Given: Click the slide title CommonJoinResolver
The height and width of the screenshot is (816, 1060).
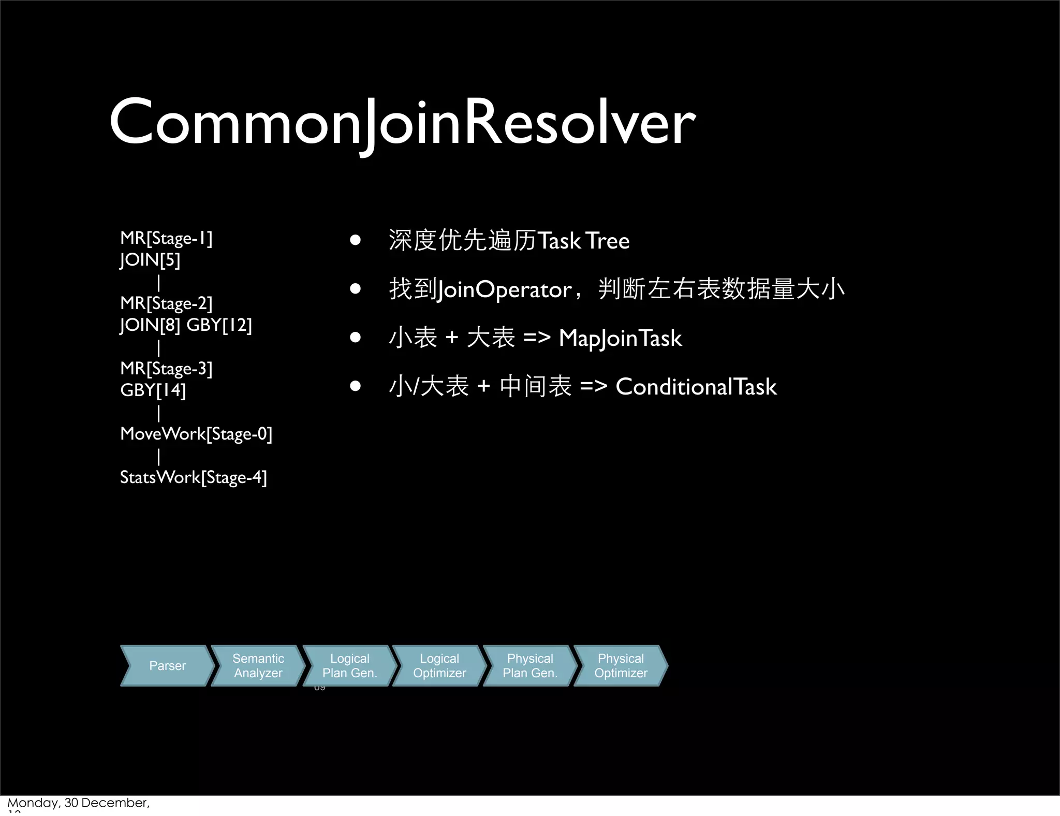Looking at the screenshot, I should (x=402, y=123).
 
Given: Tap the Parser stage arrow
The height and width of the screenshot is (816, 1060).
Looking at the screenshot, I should (x=167, y=666).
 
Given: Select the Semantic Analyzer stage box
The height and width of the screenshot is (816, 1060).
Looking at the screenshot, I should (x=258, y=666).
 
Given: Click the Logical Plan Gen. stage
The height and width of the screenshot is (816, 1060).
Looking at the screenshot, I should (x=349, y=666).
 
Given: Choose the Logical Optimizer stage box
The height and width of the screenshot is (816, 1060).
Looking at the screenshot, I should (x=439, y=666).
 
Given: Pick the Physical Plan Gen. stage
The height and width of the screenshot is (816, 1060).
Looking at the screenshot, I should (x=530, y=666).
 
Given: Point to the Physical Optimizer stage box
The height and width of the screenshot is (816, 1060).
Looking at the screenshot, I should (x=621, y=666).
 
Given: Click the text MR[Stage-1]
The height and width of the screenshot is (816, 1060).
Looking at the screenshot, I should (x=166, y=238).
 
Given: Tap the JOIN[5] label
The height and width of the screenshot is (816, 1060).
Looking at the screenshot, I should (x=150, y=260).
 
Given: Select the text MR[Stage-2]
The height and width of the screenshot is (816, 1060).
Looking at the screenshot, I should (x=166, y=303).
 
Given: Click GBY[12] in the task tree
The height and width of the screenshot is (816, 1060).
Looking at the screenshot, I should (x=219, y=325).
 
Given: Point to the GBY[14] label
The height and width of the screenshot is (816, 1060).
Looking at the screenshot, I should (x=153, y=390).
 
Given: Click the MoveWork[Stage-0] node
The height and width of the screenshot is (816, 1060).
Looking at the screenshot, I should (x=196, y=434).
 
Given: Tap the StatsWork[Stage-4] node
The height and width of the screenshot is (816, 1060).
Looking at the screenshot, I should (x=193, y=477).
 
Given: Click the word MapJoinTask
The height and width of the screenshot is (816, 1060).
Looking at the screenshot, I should (x=620, y=339).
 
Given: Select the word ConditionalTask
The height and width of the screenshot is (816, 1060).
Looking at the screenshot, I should (x=696, y=387).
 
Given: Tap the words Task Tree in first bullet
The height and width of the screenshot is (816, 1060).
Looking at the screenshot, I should (x=583, y=241).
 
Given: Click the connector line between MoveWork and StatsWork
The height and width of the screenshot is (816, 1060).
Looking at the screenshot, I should (x=158, y=456).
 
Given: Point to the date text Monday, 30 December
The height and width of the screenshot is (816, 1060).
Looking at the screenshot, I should (x=78, y=803).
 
